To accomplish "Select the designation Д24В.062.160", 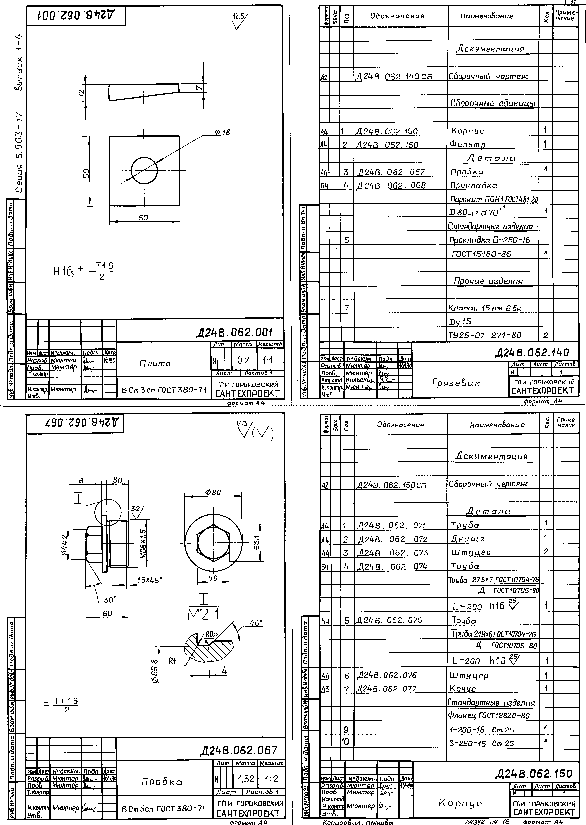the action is pos(387,145).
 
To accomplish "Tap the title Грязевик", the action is pos(456,383).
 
